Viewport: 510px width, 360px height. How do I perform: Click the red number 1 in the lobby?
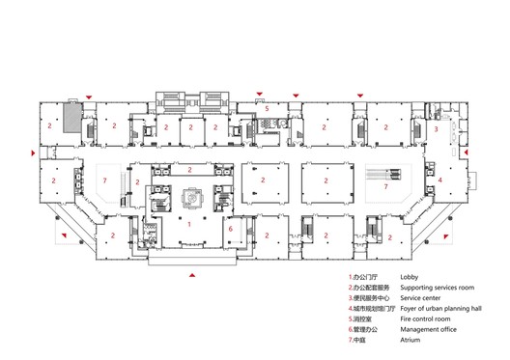(189, 224)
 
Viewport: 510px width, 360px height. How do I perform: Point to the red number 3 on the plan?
(436, 128)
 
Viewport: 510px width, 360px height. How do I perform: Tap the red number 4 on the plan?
(439, 180)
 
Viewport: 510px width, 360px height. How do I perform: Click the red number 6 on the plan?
(230, 228)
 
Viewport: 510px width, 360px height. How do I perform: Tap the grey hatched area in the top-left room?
(71, 119)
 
